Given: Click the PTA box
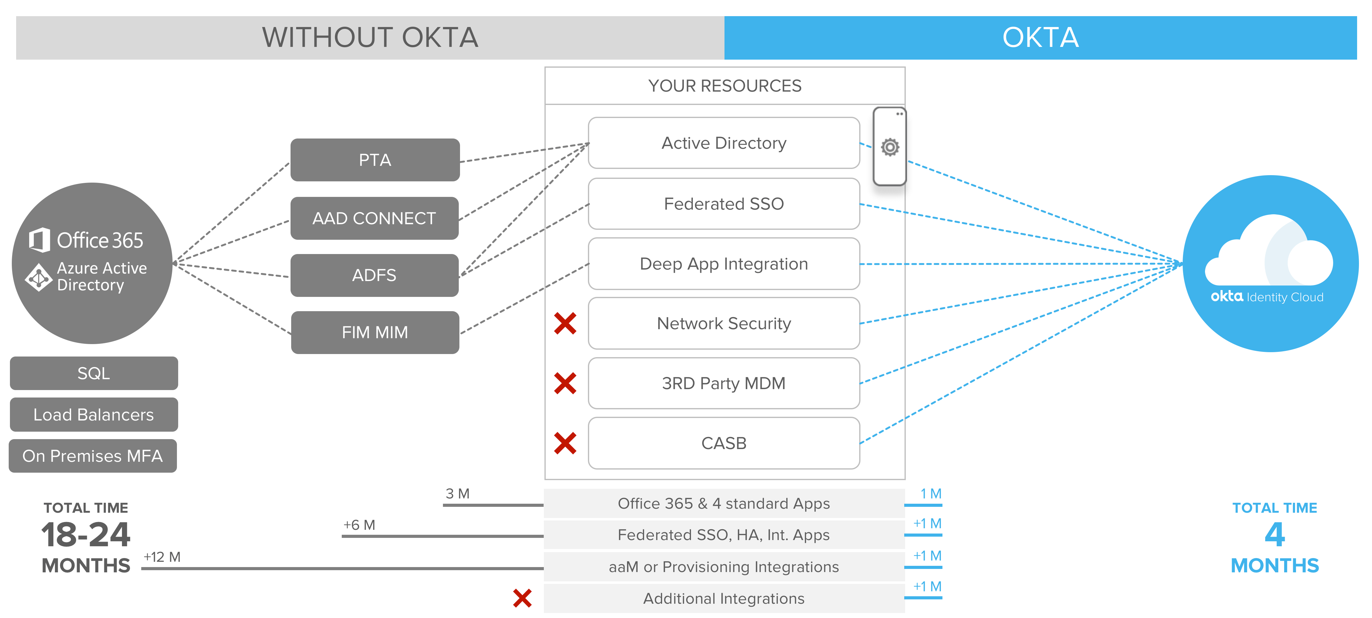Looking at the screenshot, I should pyautogui.click(x=375, y=160).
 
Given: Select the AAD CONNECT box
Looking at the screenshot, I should pyautogui.click(x=374, y=218).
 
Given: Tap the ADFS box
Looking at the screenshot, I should pyautogui.click(x=374, y=275).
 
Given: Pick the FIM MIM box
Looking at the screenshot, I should pyautogui.click(x=375, y=332).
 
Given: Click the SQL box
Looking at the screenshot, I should pyautogui.click(x=94, y=373).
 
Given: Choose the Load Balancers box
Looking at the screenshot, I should pyautogui.click(x=94, y=415).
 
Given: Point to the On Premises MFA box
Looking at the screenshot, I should pyautogui.click(x=93, y=456).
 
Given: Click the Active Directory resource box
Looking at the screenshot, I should pyautogui.click(x=724, y=143).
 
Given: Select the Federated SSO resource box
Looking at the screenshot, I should pyautogui.click(x=724, y=203).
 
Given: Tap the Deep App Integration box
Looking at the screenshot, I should pyautogui.click(x=724, y=264).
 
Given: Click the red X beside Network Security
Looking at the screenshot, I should pyautogui.click(x=565, y=323).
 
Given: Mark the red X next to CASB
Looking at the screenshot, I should pyautogui.click(x=565, y=443).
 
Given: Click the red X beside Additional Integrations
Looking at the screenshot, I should pyautogui.click(x=522, y=598).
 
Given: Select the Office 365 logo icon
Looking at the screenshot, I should pyautogui.click(x=40, y=240).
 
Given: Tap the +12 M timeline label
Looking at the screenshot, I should pyautogui.click(x=162, y=557).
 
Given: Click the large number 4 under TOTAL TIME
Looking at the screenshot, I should pyautogui.click(x=1275, y=534).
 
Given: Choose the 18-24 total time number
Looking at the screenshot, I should pyautogui.click(x=86, y=535).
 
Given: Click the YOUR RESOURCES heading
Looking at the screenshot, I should pyautogui.click(x=724, y=86).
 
